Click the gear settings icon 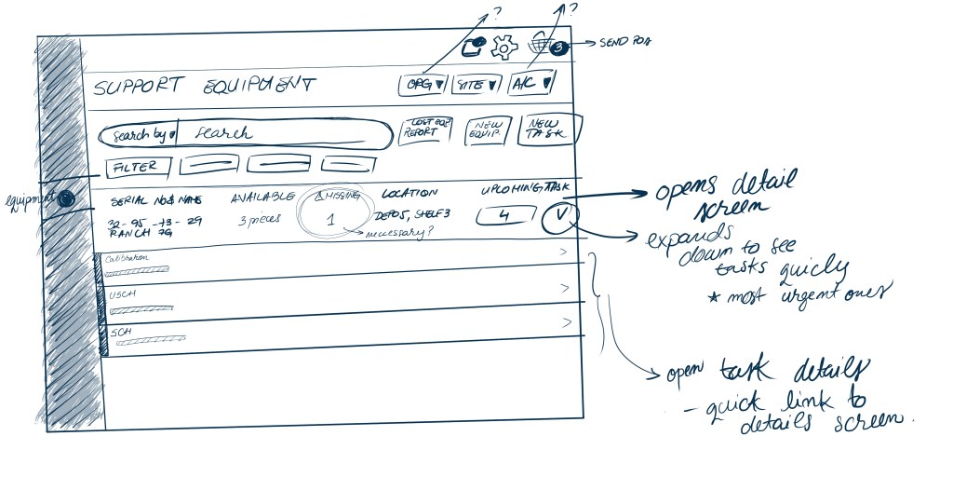503,46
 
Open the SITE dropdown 476,85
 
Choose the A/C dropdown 531,84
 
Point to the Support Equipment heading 204,87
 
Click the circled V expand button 558,216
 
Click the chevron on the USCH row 565,288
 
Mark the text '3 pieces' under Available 260,220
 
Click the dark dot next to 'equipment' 65,198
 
